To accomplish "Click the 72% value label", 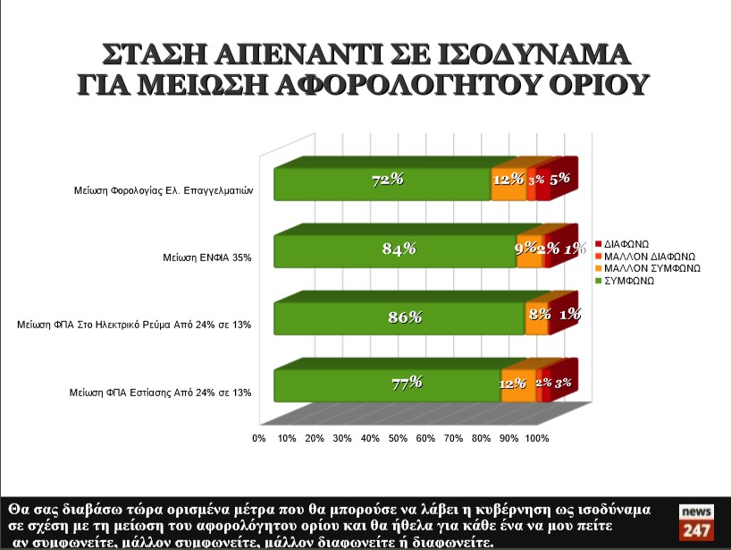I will [388, 180].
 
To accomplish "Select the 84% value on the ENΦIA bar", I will [399, 249].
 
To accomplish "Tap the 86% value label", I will [405, 317].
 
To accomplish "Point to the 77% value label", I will [407, 383].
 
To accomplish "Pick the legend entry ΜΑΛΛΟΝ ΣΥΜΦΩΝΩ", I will [651, 267].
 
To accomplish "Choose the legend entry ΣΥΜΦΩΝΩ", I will [629, 280].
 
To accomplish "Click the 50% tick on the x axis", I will [398, 438].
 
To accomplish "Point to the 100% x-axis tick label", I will [537, 438].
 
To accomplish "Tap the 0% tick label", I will [259, 438].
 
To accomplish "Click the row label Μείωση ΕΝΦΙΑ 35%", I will [207, 258].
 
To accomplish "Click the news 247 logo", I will [697, 521].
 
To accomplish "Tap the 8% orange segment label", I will [539, 315].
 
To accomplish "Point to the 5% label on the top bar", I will [560, 179].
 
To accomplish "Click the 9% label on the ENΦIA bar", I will [525, 248].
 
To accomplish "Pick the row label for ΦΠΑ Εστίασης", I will [160, 392].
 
